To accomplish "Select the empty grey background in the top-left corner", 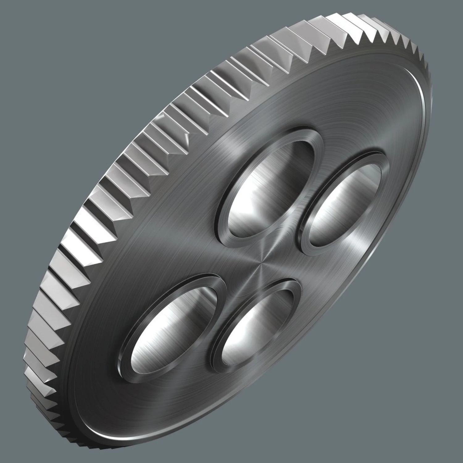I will [x=46, y=46].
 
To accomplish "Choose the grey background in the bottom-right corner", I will [x=417, y=417].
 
